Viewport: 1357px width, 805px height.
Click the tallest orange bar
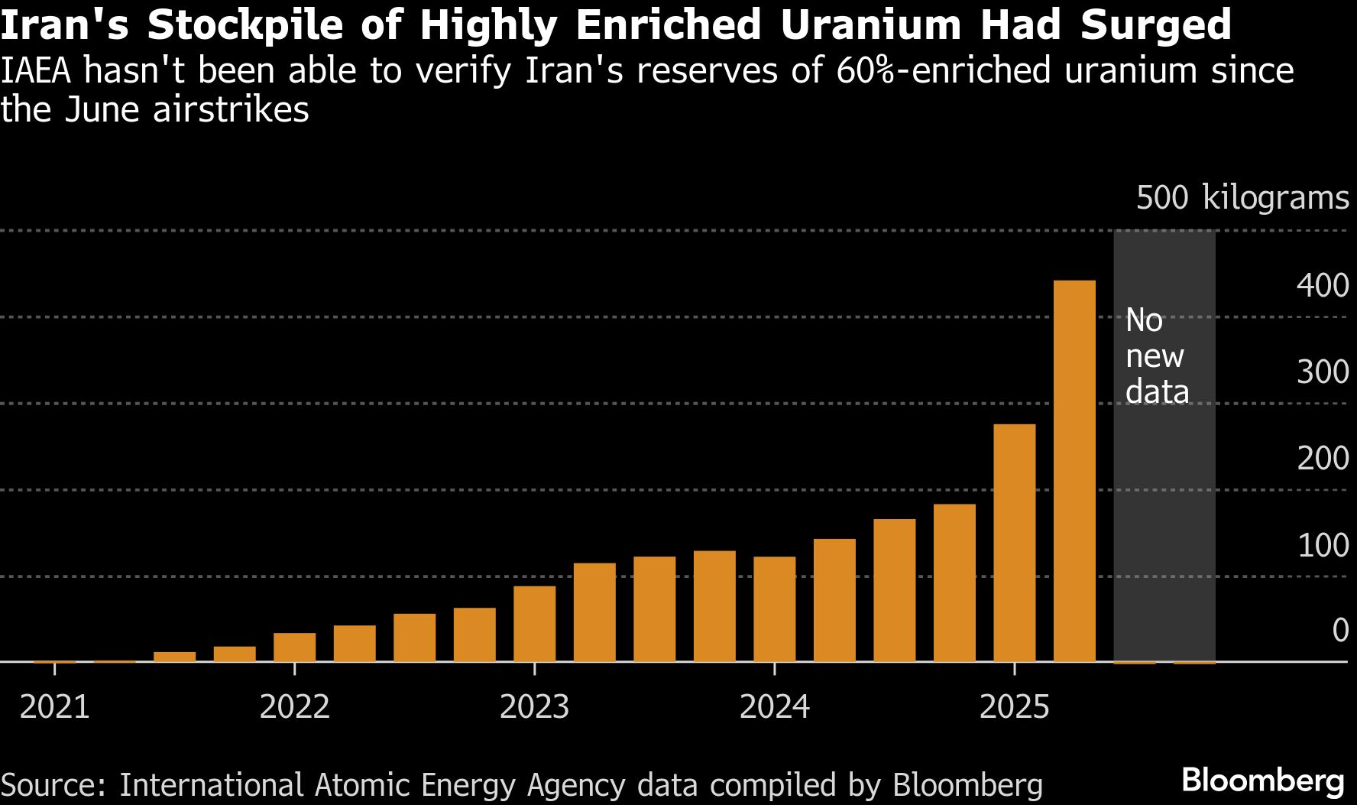(1074, 470)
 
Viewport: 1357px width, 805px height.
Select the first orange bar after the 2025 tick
(1074, 470)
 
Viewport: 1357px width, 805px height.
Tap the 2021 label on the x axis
(54, 706)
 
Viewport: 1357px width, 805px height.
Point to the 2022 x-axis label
(294, 706)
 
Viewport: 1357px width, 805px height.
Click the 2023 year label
(534, 706)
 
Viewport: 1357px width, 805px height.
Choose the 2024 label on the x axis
(774, 706)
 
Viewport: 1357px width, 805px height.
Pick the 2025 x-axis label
(1014, 706)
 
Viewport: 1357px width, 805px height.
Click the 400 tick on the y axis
(1322, 286)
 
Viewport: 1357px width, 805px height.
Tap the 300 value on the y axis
(1322, 372)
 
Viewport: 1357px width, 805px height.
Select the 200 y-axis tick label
(1322, 459)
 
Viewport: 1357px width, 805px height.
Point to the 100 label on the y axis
(1322, 546)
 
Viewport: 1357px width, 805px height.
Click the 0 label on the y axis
(1340, 631)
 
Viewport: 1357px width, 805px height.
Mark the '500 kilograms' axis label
(1242, 198)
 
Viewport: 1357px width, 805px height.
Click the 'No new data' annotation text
(1156, 355)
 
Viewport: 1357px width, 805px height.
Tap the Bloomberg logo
(1262, 781)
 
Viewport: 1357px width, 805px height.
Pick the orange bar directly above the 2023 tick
(534, 624)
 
